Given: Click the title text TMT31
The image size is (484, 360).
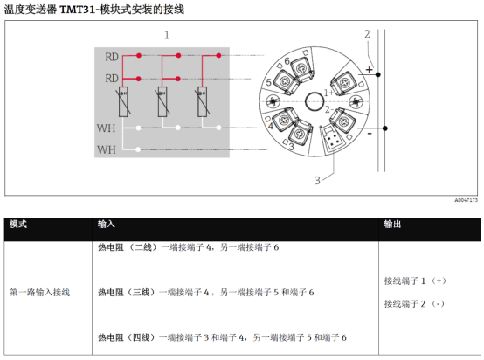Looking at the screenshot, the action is point(78,10).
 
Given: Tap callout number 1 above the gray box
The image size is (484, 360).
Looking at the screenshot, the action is point(167,35).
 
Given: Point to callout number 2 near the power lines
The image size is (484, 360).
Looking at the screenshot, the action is point(367,34).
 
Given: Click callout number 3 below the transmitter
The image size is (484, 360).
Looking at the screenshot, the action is point(317,180).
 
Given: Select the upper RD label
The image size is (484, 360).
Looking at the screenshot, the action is point(112,57).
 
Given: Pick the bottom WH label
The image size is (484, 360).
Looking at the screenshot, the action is point(107,149).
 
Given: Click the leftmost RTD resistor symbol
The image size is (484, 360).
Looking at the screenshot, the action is point(123,102).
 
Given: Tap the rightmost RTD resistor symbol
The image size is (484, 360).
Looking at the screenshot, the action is point(203,102).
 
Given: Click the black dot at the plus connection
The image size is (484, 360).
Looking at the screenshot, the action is point(378,74).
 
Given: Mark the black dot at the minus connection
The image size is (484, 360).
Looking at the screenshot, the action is point(385,128).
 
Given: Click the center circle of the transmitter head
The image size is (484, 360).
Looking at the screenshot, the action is point(315,101).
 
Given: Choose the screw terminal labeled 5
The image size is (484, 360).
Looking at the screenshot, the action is point(286,81).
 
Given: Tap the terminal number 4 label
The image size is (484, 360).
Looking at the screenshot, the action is point(271,126).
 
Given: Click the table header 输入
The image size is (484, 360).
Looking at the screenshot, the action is point(107,225).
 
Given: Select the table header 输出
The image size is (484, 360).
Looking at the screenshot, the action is point(392,225).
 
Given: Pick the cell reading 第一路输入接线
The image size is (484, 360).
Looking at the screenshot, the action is point(40,292).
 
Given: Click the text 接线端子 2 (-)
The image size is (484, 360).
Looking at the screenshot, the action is point(415,304).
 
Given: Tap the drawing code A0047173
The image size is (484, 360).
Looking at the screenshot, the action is point(467,200).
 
